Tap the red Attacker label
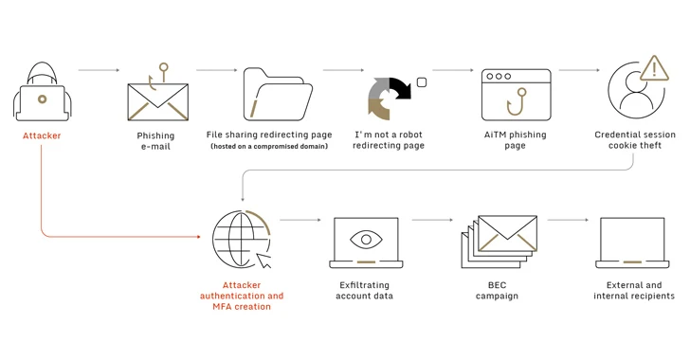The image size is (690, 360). point(42,135)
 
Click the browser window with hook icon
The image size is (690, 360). point(516,94)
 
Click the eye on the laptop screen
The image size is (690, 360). point(366,240)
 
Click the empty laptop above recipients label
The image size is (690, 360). point(632,243)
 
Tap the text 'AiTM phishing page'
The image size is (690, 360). point(516,140)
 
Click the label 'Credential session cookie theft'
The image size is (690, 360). point(635,140)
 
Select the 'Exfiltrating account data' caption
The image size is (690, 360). point(364,290)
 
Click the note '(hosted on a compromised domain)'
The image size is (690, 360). point(269,147)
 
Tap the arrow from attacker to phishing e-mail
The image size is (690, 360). point(99,70)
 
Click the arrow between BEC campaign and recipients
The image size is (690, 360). point(568,220)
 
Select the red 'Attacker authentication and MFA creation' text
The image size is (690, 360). point(242,296)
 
